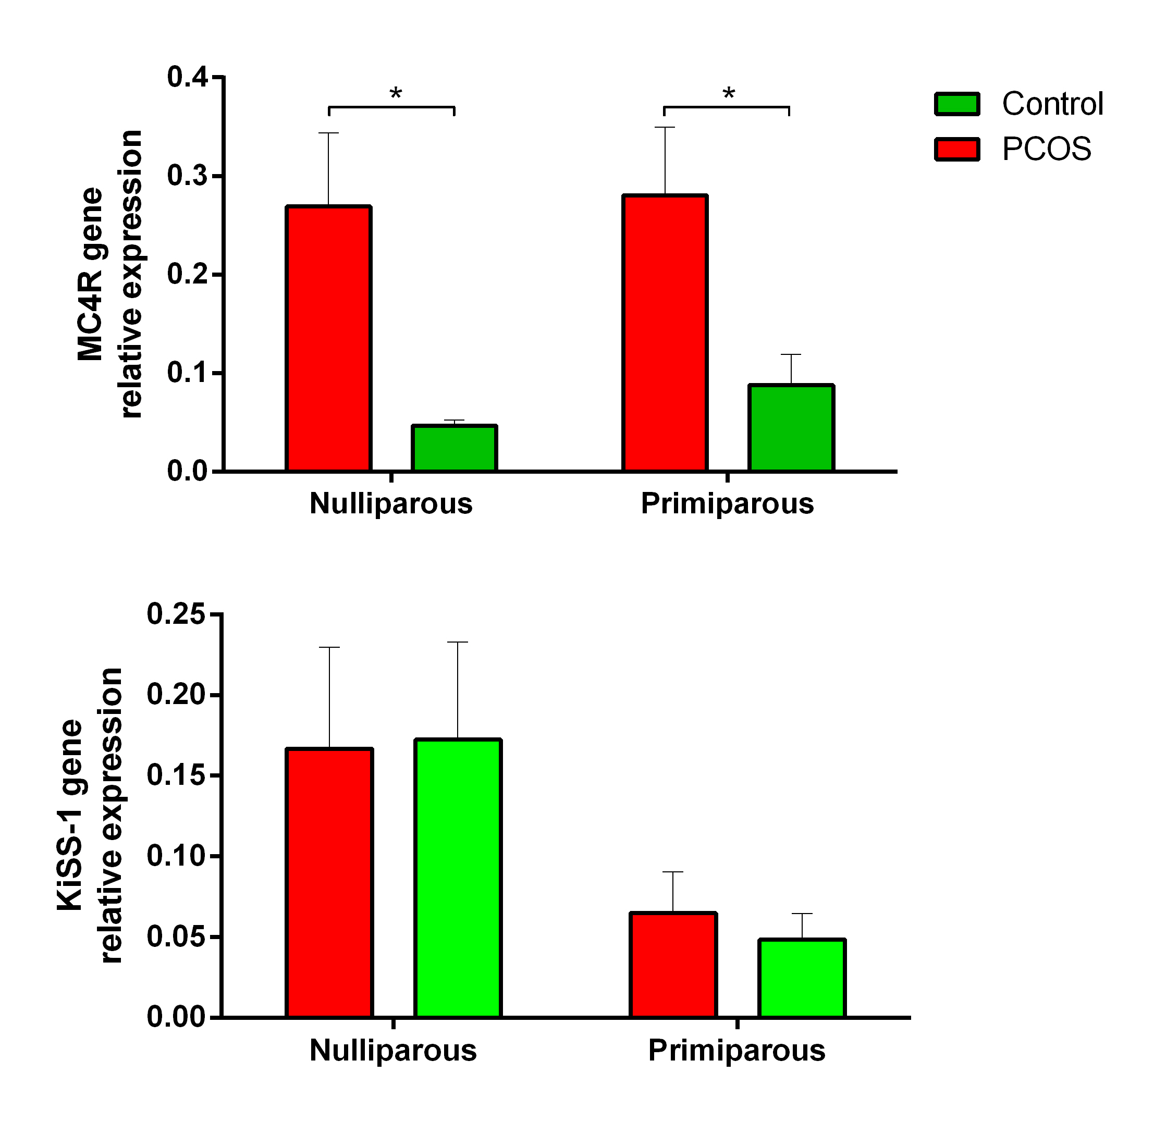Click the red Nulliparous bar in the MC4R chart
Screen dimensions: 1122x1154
[x=328, y=338]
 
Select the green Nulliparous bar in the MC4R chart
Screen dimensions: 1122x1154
[x=454, y=448]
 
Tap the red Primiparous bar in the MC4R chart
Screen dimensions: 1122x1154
[x=665, y=333]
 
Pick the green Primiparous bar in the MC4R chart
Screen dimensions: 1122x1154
[x=791, y=428]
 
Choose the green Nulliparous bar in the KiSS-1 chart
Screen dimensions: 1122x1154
[x=457, y=878]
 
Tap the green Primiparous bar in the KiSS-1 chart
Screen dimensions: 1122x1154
[x=802, y=978]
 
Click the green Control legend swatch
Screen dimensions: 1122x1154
[x=957, y=104]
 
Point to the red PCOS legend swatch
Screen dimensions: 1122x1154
[x=957, y=149]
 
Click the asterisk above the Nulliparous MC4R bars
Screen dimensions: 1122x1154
[x=396, y=94]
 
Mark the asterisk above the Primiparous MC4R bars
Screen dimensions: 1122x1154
[x=729, y=94]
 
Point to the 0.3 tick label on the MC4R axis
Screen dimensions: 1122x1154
[x=188, y=176]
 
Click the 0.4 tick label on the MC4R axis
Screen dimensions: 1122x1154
[x=188, y=77]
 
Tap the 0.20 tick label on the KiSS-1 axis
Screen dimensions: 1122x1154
[x=176, y=695]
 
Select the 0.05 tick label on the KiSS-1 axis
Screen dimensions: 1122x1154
[x=176, y=936]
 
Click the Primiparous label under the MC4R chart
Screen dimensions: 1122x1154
[x=727, y=504]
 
